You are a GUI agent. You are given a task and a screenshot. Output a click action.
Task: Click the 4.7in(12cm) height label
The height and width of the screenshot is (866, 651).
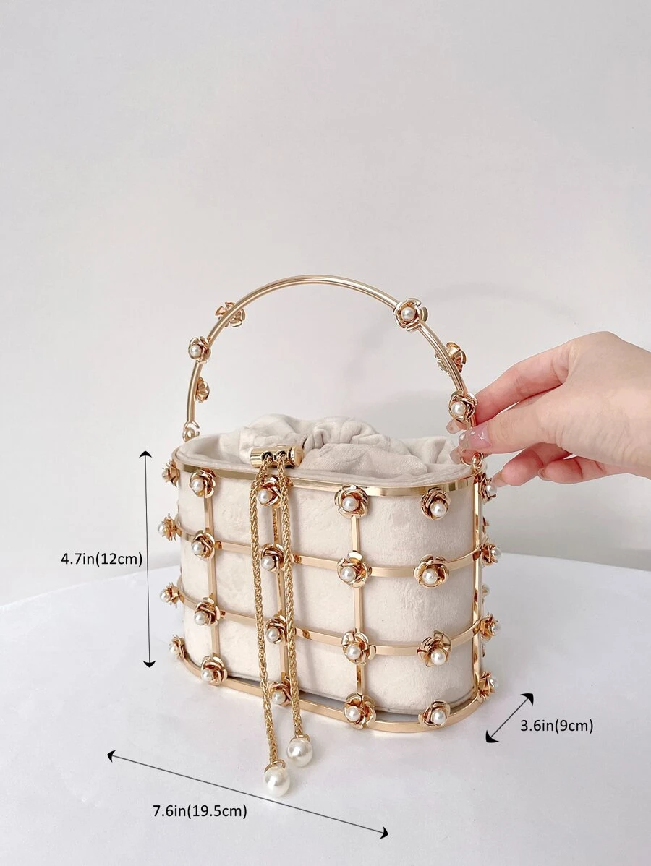[x=102, y=559]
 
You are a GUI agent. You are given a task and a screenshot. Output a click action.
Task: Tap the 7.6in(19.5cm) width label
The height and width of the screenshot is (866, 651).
[x=200, y=811]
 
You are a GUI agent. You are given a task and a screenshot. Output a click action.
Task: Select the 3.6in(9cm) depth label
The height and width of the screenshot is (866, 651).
[x=556, y=726]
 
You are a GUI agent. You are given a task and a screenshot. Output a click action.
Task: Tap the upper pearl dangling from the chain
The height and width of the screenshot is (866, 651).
[x=299, y=750]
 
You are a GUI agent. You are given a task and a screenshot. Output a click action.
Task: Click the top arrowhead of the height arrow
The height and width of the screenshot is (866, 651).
[x=145, y=455]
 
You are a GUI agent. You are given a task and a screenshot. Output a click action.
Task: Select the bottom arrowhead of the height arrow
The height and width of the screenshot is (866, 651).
[x=148, y=663]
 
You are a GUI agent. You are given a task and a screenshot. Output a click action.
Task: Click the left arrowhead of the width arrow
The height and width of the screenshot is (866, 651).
[x=112, y=755]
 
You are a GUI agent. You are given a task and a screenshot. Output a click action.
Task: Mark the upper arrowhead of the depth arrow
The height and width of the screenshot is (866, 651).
[x=528, y=698]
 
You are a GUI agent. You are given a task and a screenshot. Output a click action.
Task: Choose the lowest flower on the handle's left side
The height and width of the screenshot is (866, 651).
[x=191, y=429]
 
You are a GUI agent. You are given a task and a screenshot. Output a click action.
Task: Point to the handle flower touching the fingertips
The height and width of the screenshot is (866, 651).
[x=461, y=407]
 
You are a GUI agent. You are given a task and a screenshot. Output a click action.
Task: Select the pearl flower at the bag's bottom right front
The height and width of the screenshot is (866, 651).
[x=435, y=715]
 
